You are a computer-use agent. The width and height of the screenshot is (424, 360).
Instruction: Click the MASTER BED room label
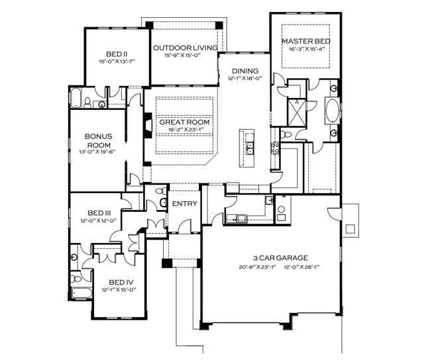306,41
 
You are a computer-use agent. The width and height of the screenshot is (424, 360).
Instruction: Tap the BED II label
117,54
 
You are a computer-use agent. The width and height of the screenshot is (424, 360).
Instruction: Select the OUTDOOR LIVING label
185,48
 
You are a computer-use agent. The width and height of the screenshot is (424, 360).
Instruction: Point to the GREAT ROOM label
184,122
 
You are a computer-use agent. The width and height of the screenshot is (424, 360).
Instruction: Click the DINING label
245,71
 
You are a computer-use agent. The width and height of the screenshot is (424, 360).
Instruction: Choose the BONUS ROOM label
99,140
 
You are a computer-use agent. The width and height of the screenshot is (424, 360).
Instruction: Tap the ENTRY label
185,204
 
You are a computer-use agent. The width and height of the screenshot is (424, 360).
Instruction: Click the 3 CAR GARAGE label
280,258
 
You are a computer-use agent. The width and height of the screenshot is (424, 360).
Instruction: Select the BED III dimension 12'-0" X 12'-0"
99,220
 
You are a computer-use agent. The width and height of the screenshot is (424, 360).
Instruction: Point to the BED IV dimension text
119,290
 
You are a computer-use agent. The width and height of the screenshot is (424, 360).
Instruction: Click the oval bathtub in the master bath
333,111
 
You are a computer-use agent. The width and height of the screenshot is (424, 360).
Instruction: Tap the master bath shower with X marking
297,112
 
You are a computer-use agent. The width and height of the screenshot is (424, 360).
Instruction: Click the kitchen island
246,148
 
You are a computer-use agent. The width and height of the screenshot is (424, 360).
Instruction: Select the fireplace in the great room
148,126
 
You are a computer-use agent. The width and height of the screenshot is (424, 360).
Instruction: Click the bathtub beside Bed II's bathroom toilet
76,97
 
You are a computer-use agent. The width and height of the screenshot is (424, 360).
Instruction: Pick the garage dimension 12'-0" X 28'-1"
301,267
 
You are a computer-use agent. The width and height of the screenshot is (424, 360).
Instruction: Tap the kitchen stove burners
276,148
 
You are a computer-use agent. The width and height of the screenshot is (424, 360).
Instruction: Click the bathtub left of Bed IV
81,293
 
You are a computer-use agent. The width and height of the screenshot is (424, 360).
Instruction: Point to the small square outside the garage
350,229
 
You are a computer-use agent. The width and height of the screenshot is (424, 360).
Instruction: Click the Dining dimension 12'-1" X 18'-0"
245,79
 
